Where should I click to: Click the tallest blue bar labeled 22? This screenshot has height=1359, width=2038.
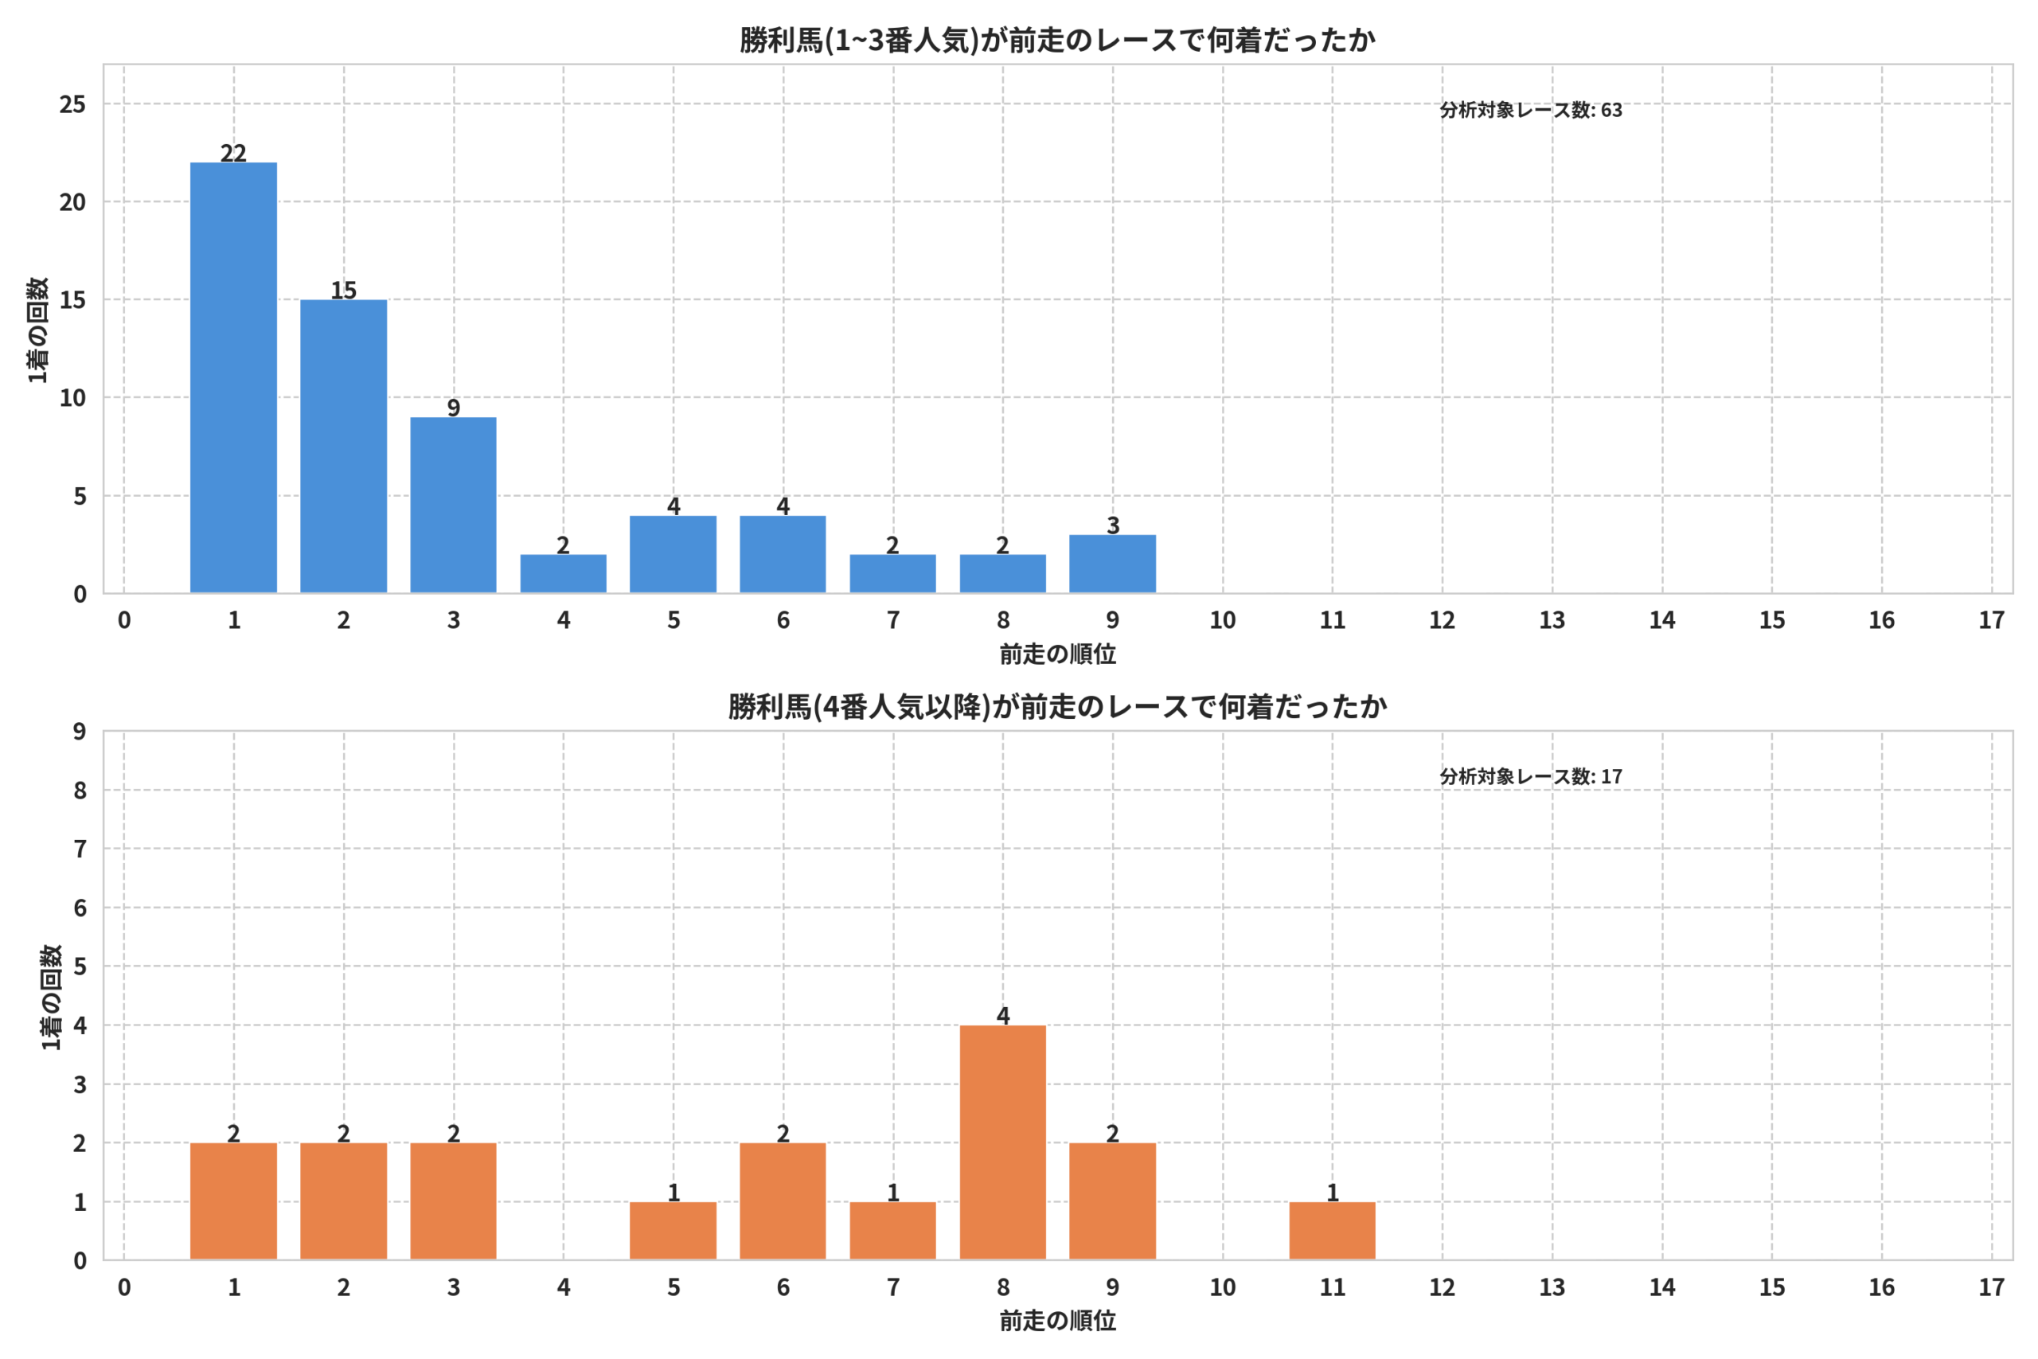pos(234,378)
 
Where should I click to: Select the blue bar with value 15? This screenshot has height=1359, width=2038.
pos(344,447)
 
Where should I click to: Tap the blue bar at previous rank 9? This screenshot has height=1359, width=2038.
pos(1113,564)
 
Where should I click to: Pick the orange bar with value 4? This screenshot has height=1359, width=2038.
pos(1002,1142)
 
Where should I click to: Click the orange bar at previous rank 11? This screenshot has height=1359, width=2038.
pos(1333,1231)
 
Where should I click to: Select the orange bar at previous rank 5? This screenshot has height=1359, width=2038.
pos(673,1231)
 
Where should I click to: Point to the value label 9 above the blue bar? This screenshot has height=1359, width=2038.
pos(453,408)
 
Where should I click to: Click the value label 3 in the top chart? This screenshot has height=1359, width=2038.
pos(1114,525)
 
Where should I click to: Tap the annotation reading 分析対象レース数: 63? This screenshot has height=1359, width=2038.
pos(1531,110)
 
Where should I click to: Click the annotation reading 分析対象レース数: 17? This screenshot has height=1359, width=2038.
pos(1531,776)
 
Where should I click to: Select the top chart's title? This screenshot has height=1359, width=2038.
pos(1057,40)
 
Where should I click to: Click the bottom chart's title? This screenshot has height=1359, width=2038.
pos(1057,706)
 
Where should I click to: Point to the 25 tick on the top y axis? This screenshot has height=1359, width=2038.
pos(72,104)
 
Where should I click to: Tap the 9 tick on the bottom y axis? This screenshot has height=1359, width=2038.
pos(80,732)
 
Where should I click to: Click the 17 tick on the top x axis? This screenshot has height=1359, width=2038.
pos(1992,619)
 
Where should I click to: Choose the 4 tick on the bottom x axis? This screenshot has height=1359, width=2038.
pos(563,1287)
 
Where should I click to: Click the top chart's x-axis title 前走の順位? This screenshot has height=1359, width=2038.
pos(1058,654)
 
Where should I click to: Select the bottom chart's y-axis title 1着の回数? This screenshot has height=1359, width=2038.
pos(52,997)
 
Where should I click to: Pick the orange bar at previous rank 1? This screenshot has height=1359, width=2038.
pos(234,1201)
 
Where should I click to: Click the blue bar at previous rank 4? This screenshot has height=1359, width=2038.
pos(563,574)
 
